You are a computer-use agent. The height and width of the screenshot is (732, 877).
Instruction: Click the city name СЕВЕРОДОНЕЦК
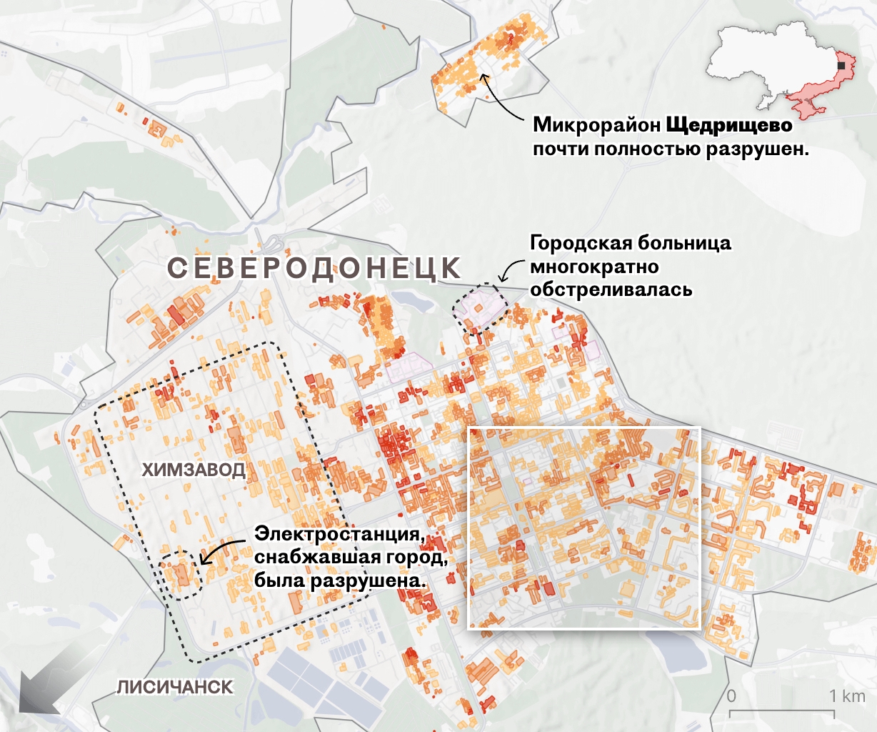(x=314, y=269)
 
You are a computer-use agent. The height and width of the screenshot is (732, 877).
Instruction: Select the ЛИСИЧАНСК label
(x=175, y=687)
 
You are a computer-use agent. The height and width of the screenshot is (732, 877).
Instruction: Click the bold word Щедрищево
(x=729, y=125)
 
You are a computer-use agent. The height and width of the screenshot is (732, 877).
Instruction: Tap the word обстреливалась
(x=611, y=290)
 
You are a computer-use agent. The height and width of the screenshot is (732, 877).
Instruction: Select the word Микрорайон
(x=597, y=125)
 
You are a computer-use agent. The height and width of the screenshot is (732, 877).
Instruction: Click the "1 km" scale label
(x=847, y=696)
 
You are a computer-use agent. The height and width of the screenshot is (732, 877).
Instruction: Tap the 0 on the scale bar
(x=731, y=696)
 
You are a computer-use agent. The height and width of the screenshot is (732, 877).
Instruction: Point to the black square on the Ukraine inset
(x=842, y=66)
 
